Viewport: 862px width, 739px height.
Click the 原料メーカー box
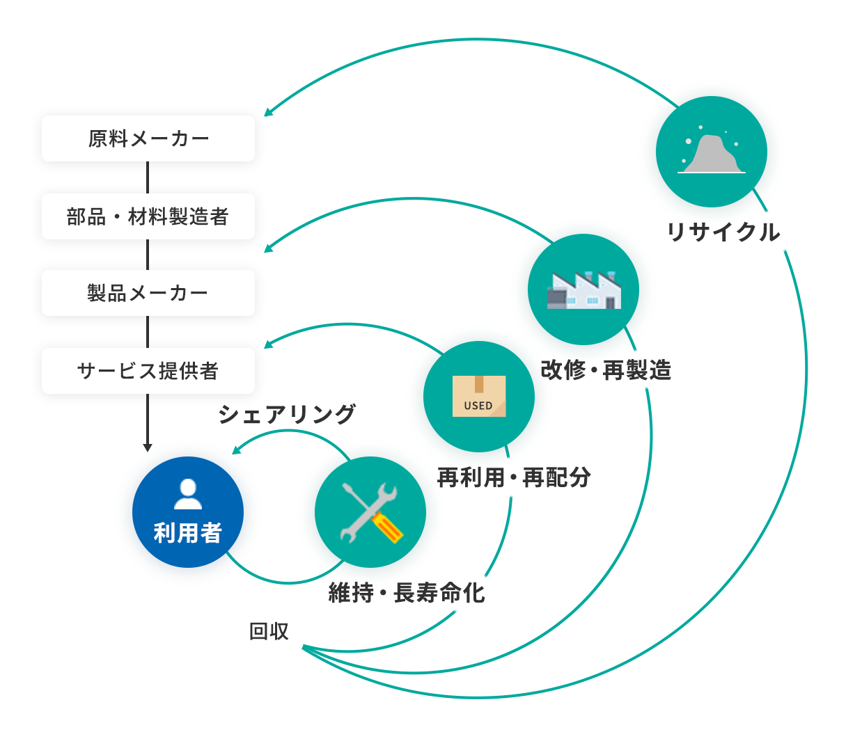(x=148, y=138)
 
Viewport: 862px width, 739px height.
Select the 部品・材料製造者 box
(x=148, y=216)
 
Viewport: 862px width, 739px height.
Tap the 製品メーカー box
(x=148, y=293)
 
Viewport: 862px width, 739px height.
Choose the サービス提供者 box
(x=148, y=371)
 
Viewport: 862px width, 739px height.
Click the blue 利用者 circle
(x=188, y=512)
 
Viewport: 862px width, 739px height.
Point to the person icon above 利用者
(x=188, y=493)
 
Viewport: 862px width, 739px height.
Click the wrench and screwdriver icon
(x=370, y=512)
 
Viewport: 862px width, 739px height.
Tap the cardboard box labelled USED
(x=479, y=397)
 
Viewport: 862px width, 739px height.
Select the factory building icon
(x=583, y=289)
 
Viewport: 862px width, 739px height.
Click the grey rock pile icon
(x=711, y=153)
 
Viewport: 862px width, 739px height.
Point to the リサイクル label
(x=723, y=232)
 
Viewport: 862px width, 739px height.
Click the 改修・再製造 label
(x=606, y=369)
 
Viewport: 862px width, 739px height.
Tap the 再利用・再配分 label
(x=514, y=477)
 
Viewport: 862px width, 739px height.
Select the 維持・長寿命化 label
(x=407, y=593)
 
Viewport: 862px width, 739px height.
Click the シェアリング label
(x=287, y=414)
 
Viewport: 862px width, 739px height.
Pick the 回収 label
(x=269, y=631)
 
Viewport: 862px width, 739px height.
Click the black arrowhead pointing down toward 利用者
(x=147, y=447)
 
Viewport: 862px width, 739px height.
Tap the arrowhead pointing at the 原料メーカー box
(x=268, y=113)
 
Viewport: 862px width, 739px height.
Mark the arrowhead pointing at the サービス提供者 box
(x=268, y=344)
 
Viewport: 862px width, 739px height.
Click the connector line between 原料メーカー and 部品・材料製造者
(x=148, y=177)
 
